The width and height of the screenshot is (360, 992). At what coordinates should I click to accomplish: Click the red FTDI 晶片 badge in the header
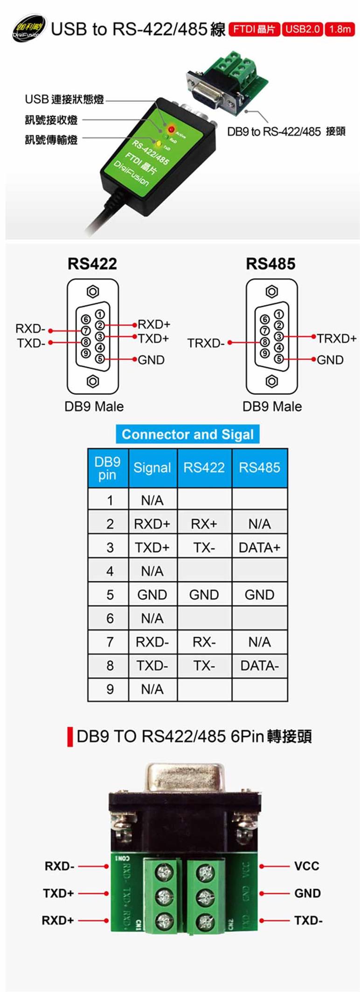pos(254,29)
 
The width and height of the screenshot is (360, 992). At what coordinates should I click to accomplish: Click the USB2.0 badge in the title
pos(302,29)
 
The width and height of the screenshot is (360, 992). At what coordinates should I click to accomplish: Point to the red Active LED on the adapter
pos(171,129)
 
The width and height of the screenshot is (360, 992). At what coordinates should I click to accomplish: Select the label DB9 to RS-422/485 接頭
pos(286,131)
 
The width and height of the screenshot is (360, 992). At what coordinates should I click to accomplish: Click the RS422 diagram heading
pos(92,263)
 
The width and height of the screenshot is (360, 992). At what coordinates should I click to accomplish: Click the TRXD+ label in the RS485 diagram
pos(337,338)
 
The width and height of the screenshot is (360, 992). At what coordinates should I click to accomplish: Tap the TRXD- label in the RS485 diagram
pos(206,343)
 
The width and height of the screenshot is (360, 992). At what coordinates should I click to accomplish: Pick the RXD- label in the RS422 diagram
pos(30,329)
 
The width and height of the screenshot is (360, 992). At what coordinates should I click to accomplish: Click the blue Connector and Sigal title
pos(187,434)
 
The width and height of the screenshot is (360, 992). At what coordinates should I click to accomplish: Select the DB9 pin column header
pos(108,468)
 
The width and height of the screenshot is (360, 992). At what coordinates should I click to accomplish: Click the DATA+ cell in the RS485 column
pos(259,547)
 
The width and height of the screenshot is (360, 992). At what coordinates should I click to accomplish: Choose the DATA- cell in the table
pos(259,666)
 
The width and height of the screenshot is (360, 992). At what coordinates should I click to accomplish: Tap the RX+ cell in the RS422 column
pos(204,524)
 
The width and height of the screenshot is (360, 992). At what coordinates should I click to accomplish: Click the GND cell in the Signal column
pos(152,595)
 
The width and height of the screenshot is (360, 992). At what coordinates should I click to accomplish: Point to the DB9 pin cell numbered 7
pos(110,642)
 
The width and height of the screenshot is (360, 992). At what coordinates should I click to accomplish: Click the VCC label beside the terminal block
pos(306,866)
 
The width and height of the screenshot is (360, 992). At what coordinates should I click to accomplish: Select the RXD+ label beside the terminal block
pos(58,920)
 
